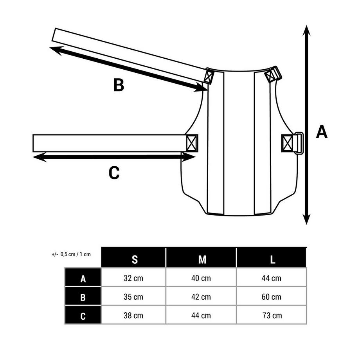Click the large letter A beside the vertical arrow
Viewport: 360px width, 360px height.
[322, 132]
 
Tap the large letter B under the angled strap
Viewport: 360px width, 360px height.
[119, 85]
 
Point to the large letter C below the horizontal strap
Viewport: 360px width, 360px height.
[114, 173]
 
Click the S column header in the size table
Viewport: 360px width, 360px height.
[135, 259]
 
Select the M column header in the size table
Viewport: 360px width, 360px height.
[202, 259]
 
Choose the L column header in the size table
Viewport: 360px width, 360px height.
[273, 259]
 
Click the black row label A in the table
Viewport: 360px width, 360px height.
[83, 279]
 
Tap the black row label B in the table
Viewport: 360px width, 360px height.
[83, 297]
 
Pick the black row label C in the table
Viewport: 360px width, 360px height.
[83, 316]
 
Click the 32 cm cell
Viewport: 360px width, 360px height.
[133, 279]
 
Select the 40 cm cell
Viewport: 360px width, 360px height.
[201, 279]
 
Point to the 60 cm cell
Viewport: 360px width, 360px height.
[272, 297]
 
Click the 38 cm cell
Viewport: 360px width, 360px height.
[133, 315]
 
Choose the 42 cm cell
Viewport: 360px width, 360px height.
[201, 297]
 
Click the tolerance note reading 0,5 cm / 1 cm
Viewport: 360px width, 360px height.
[71, 254]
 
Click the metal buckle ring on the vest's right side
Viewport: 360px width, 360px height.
[299, 143]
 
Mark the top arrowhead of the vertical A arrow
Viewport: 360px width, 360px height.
[306, 31]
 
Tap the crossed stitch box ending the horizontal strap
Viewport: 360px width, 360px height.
[192, 143]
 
